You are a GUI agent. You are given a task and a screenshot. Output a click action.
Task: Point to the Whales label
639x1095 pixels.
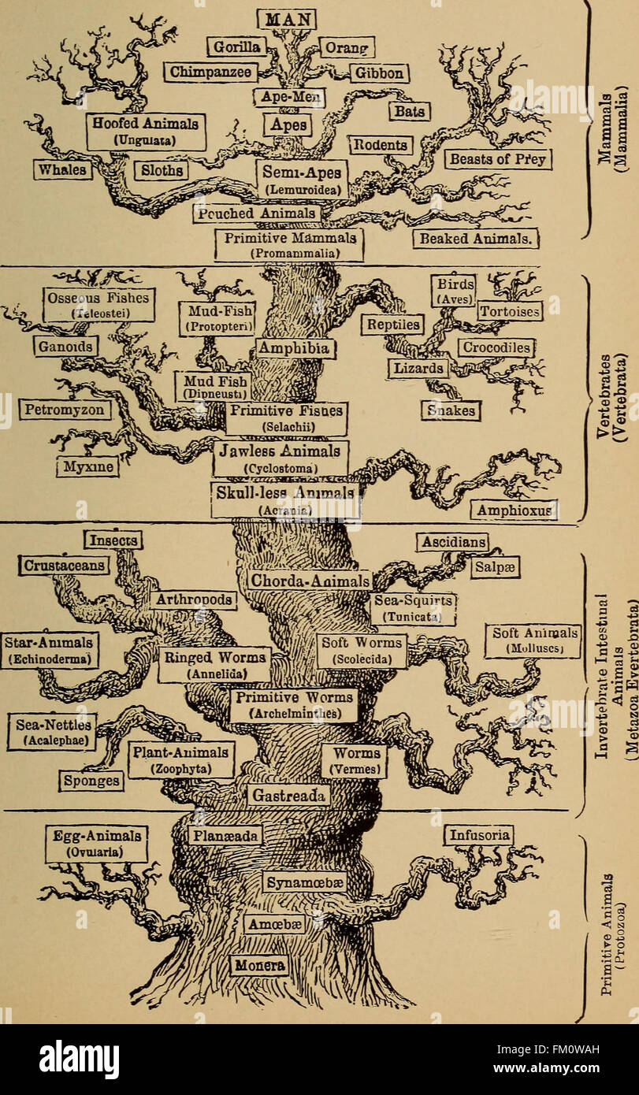63,169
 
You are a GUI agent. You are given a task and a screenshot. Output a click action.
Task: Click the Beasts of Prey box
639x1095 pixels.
499,159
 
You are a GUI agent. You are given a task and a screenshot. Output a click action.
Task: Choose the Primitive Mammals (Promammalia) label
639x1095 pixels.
289,245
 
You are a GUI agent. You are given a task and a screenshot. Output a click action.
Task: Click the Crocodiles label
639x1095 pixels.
496,347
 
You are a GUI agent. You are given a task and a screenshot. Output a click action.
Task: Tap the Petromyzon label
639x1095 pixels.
65,410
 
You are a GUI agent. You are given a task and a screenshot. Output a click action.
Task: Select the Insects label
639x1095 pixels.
113,540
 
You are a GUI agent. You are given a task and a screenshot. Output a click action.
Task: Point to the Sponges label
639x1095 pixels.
92,781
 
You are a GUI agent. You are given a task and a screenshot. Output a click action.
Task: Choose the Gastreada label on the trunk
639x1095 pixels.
288,796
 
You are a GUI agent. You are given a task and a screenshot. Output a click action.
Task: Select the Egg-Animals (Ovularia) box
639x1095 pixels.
97,844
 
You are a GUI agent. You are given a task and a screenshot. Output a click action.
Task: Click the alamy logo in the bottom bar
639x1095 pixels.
79,1060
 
